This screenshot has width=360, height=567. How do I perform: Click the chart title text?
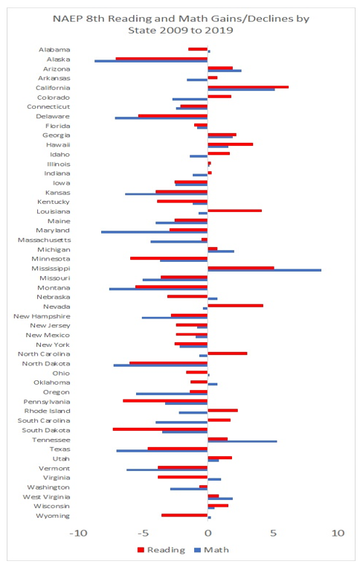181,24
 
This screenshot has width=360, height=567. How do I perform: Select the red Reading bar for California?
248,87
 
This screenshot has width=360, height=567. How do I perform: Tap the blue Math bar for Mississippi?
264,270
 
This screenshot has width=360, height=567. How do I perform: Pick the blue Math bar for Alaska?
151,61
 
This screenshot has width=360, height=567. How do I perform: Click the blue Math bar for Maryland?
154,232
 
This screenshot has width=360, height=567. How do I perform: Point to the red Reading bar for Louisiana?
234,211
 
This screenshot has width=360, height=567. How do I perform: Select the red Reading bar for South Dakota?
160,429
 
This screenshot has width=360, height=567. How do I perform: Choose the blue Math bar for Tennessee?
242,441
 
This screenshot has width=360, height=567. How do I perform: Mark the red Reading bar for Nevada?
235,306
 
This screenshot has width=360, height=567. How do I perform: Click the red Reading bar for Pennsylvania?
165,400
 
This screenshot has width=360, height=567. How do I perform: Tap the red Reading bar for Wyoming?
184,515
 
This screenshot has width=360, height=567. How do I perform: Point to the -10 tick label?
78,533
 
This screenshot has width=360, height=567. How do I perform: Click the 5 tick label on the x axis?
273,533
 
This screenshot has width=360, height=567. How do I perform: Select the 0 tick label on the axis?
208,533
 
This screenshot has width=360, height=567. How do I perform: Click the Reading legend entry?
161,550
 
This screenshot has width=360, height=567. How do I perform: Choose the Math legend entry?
212,550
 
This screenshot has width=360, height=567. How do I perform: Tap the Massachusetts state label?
44,240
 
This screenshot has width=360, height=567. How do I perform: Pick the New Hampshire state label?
42,316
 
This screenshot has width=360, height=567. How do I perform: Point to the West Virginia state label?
46,497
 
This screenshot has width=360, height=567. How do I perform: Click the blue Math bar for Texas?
162,451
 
